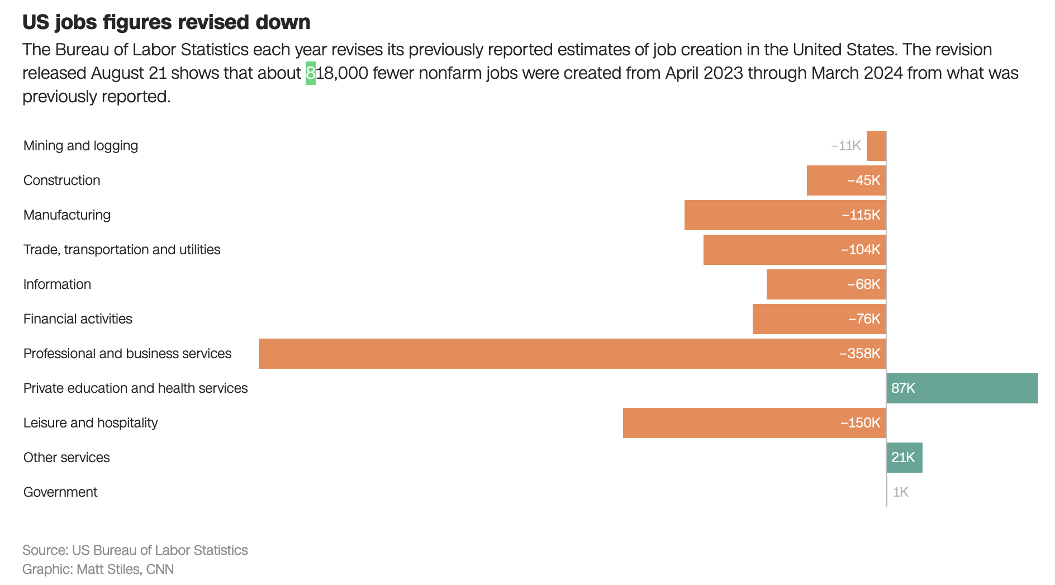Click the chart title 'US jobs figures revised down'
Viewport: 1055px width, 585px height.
click(166, 22)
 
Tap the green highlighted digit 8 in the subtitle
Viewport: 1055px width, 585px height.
click(311, 73)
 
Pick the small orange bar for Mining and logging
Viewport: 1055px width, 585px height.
click(876, 146)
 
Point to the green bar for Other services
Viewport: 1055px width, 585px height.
click(904, 458)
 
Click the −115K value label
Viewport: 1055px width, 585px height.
click(861, 215)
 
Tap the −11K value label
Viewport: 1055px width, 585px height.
click(845, 146)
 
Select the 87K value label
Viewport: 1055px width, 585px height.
click(903, 388)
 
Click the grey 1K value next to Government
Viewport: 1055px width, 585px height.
click(901, 492)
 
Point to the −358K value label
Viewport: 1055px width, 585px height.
click(859, 354)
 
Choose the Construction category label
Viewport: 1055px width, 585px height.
click(62, 180)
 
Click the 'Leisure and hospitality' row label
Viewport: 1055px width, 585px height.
click(91, 423)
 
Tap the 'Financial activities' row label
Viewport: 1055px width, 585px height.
click(78, 319)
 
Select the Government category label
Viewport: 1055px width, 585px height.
click(60, 492)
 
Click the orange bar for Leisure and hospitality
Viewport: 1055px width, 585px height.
click(726, 423)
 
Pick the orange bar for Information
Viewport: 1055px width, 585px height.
click(805, 284)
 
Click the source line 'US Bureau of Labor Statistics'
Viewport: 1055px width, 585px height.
click(160, 550)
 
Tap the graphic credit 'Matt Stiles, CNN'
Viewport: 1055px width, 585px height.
click(125, 569)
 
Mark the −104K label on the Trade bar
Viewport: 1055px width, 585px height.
click(861, 250)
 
